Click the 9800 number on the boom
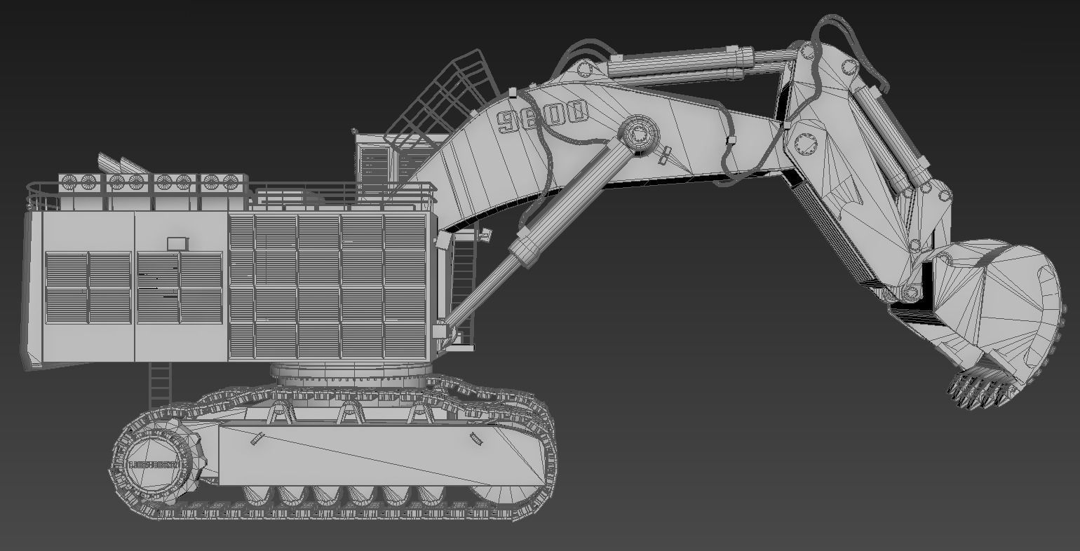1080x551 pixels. tap(541, 117)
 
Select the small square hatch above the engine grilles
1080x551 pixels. tap(178, 243)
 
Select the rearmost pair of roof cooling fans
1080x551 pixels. tap(79, 182)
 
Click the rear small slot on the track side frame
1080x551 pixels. tap(256, 439)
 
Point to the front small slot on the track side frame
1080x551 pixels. tap(476, 440)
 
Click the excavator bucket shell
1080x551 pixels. tap(1003, 301)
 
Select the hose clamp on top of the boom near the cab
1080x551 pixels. tap(512, 92)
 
